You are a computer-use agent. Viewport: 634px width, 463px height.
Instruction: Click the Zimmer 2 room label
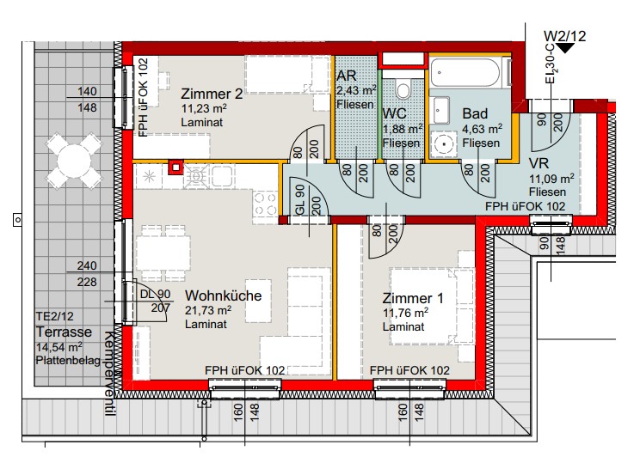click(212, 94)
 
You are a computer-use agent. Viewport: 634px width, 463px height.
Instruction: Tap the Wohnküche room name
click(223, 295)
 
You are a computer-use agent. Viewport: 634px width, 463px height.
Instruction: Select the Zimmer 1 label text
click(413, 298)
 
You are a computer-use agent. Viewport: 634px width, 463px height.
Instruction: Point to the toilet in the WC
click(403, 89)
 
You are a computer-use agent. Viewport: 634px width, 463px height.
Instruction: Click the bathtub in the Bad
click(465, 73)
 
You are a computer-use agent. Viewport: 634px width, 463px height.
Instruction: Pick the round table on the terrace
click(74, 161)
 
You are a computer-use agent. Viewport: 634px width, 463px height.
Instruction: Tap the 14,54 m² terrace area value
click(59, 347)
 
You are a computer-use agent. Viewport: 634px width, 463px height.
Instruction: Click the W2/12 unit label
click(564, 36)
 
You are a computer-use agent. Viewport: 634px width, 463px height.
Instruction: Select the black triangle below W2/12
click(565, 48)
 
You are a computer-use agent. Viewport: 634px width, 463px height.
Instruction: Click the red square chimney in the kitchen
click(175, 168)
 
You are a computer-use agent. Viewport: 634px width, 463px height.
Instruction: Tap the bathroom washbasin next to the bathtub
click(440, 110)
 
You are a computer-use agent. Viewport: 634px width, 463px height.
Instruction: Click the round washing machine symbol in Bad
click(444, 143)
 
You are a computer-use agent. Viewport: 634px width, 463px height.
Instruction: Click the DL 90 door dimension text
click(155, 295)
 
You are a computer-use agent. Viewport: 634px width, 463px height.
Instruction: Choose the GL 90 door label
click(300, 200)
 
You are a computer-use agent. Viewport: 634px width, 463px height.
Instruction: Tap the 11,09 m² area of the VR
click(552, 179)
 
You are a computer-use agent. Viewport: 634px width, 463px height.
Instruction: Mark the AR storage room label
click(347, 76)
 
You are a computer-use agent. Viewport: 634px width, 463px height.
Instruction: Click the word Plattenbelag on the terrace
click(68, 361)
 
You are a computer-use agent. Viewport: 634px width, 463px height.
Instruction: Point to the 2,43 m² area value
click(356, 90)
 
